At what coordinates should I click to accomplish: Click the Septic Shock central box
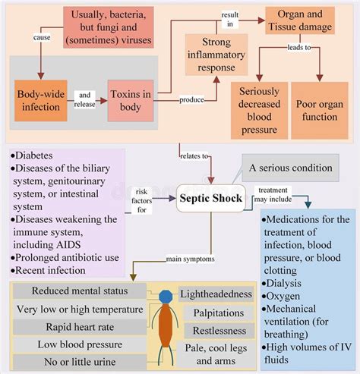pyautogui.click(x=210, y=200)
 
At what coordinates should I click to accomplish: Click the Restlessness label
pyautogui.click(x=218, y=331)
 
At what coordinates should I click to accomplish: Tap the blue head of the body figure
pyautogui.click(x=166, y=295)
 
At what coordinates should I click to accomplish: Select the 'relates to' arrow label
pyautogui.click(x=193, y=157)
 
